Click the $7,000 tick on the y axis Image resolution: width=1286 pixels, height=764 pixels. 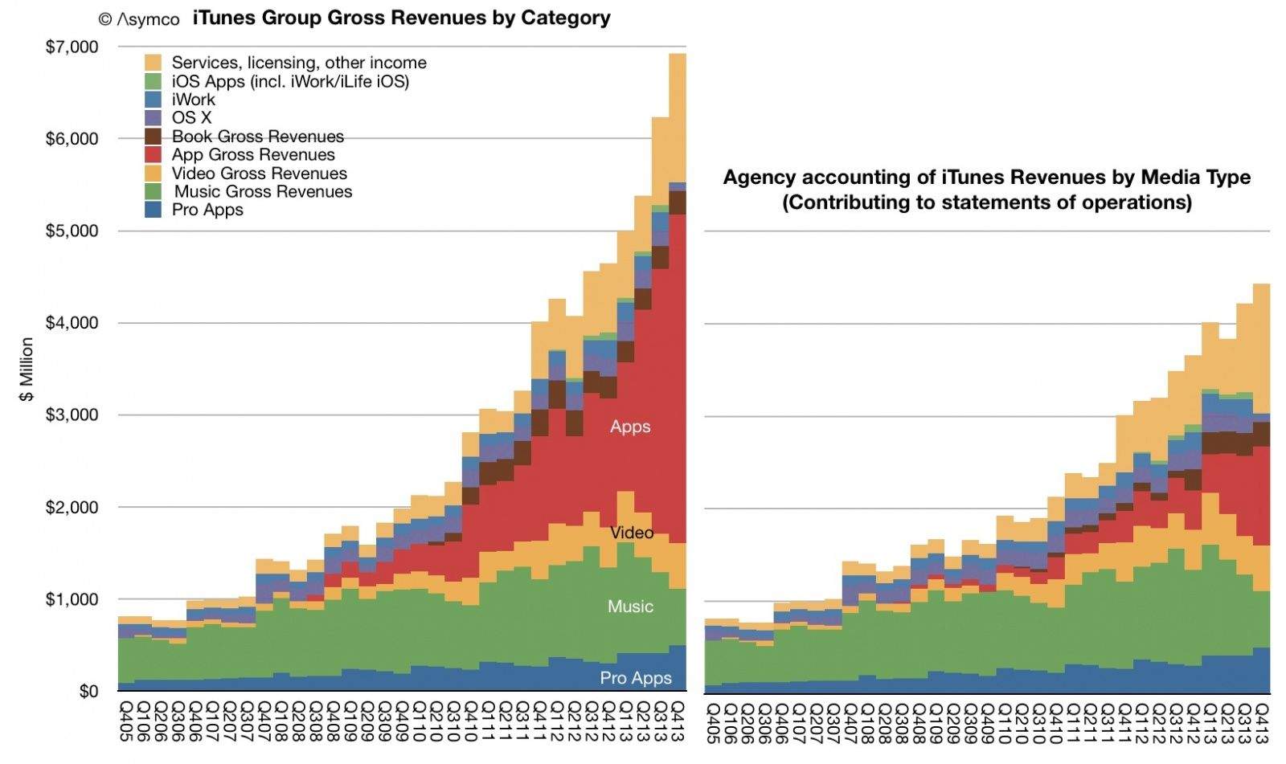coord(72,47)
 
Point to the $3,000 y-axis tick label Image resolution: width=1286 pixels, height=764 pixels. coord(72,415)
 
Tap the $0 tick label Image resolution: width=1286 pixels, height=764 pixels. coord(88,692)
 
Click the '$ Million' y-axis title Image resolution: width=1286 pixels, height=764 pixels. coord(27,369)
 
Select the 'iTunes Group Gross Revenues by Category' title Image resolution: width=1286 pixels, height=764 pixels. coord(401,18)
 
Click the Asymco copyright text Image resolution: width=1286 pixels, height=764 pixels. coord(138,19)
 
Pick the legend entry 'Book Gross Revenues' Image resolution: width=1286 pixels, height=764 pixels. coord(257,137)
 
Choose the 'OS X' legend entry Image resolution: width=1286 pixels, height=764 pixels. coord(191,118)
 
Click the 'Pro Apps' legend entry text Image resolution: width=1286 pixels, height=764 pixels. coord(207,210)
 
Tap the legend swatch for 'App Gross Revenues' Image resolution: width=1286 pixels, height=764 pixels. coord(154,155)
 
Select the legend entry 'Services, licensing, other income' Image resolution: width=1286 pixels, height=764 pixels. coord(299,63)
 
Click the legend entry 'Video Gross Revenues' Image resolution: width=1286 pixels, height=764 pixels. coord(259,174)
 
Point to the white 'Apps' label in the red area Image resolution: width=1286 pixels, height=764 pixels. coord(630,427)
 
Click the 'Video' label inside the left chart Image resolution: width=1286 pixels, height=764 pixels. coord(632,533)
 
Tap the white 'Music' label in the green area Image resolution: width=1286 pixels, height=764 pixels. coord(630,607)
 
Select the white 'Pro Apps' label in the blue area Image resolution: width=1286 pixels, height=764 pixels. coord(636,678)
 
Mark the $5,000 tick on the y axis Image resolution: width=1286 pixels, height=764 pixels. coord(72,231)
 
